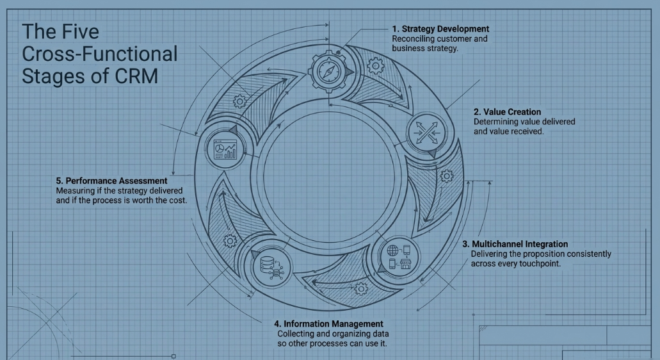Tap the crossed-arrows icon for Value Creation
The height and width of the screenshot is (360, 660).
427,133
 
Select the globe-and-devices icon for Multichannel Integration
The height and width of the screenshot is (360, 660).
399,257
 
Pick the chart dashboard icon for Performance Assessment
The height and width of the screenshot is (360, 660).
225,149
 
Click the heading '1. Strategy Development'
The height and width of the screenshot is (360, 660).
440,29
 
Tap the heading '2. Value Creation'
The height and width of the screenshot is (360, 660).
507,112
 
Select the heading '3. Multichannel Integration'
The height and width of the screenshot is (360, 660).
515,244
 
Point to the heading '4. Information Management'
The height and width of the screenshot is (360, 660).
329,323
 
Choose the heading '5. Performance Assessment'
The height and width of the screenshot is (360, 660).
111,181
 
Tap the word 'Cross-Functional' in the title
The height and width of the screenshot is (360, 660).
99,54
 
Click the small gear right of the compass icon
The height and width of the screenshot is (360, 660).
375,65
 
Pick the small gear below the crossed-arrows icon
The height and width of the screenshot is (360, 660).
446,176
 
